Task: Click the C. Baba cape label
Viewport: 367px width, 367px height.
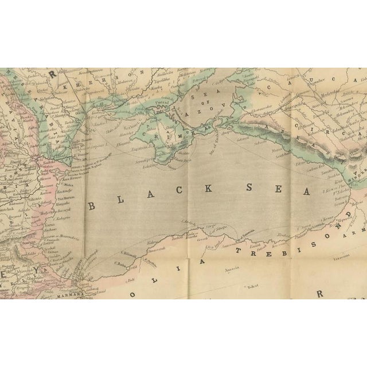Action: pos(121,263)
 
